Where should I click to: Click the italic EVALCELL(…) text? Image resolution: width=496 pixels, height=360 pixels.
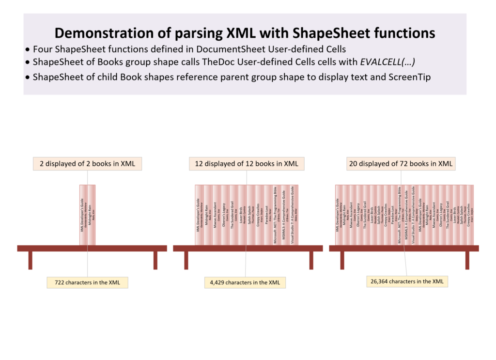(x=386, y=62)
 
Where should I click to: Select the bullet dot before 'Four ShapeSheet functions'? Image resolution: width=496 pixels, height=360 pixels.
(x=29, y=49)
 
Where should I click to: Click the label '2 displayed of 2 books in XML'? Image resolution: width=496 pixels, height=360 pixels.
(x=87, y=164)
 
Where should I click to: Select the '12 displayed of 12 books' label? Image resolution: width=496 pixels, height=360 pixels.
(x=247, y=164)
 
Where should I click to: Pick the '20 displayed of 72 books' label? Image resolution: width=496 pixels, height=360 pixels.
(x=401, y=164)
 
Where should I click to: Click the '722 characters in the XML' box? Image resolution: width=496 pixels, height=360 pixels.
(x=87, y=282)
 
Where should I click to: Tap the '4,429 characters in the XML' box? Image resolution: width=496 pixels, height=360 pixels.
(x=245, y=282)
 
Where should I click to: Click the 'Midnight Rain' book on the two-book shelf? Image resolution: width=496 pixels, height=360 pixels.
(x=92, y=215)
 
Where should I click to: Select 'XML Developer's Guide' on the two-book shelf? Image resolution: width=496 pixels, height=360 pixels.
(x=83, y=215)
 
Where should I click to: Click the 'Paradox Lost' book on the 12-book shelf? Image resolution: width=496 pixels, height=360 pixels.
(x=268, y=215)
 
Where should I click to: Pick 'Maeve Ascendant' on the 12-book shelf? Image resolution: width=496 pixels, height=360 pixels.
(x=216, y=215)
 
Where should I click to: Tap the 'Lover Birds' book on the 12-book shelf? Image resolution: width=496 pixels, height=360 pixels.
(x=242, y=215)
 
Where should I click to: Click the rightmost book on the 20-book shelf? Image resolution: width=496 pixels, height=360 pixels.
(x=469, y=215)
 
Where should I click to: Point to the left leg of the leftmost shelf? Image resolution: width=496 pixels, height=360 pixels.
(x=30, y=260)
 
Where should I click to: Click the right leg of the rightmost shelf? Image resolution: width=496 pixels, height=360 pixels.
(x=467, y=260)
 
